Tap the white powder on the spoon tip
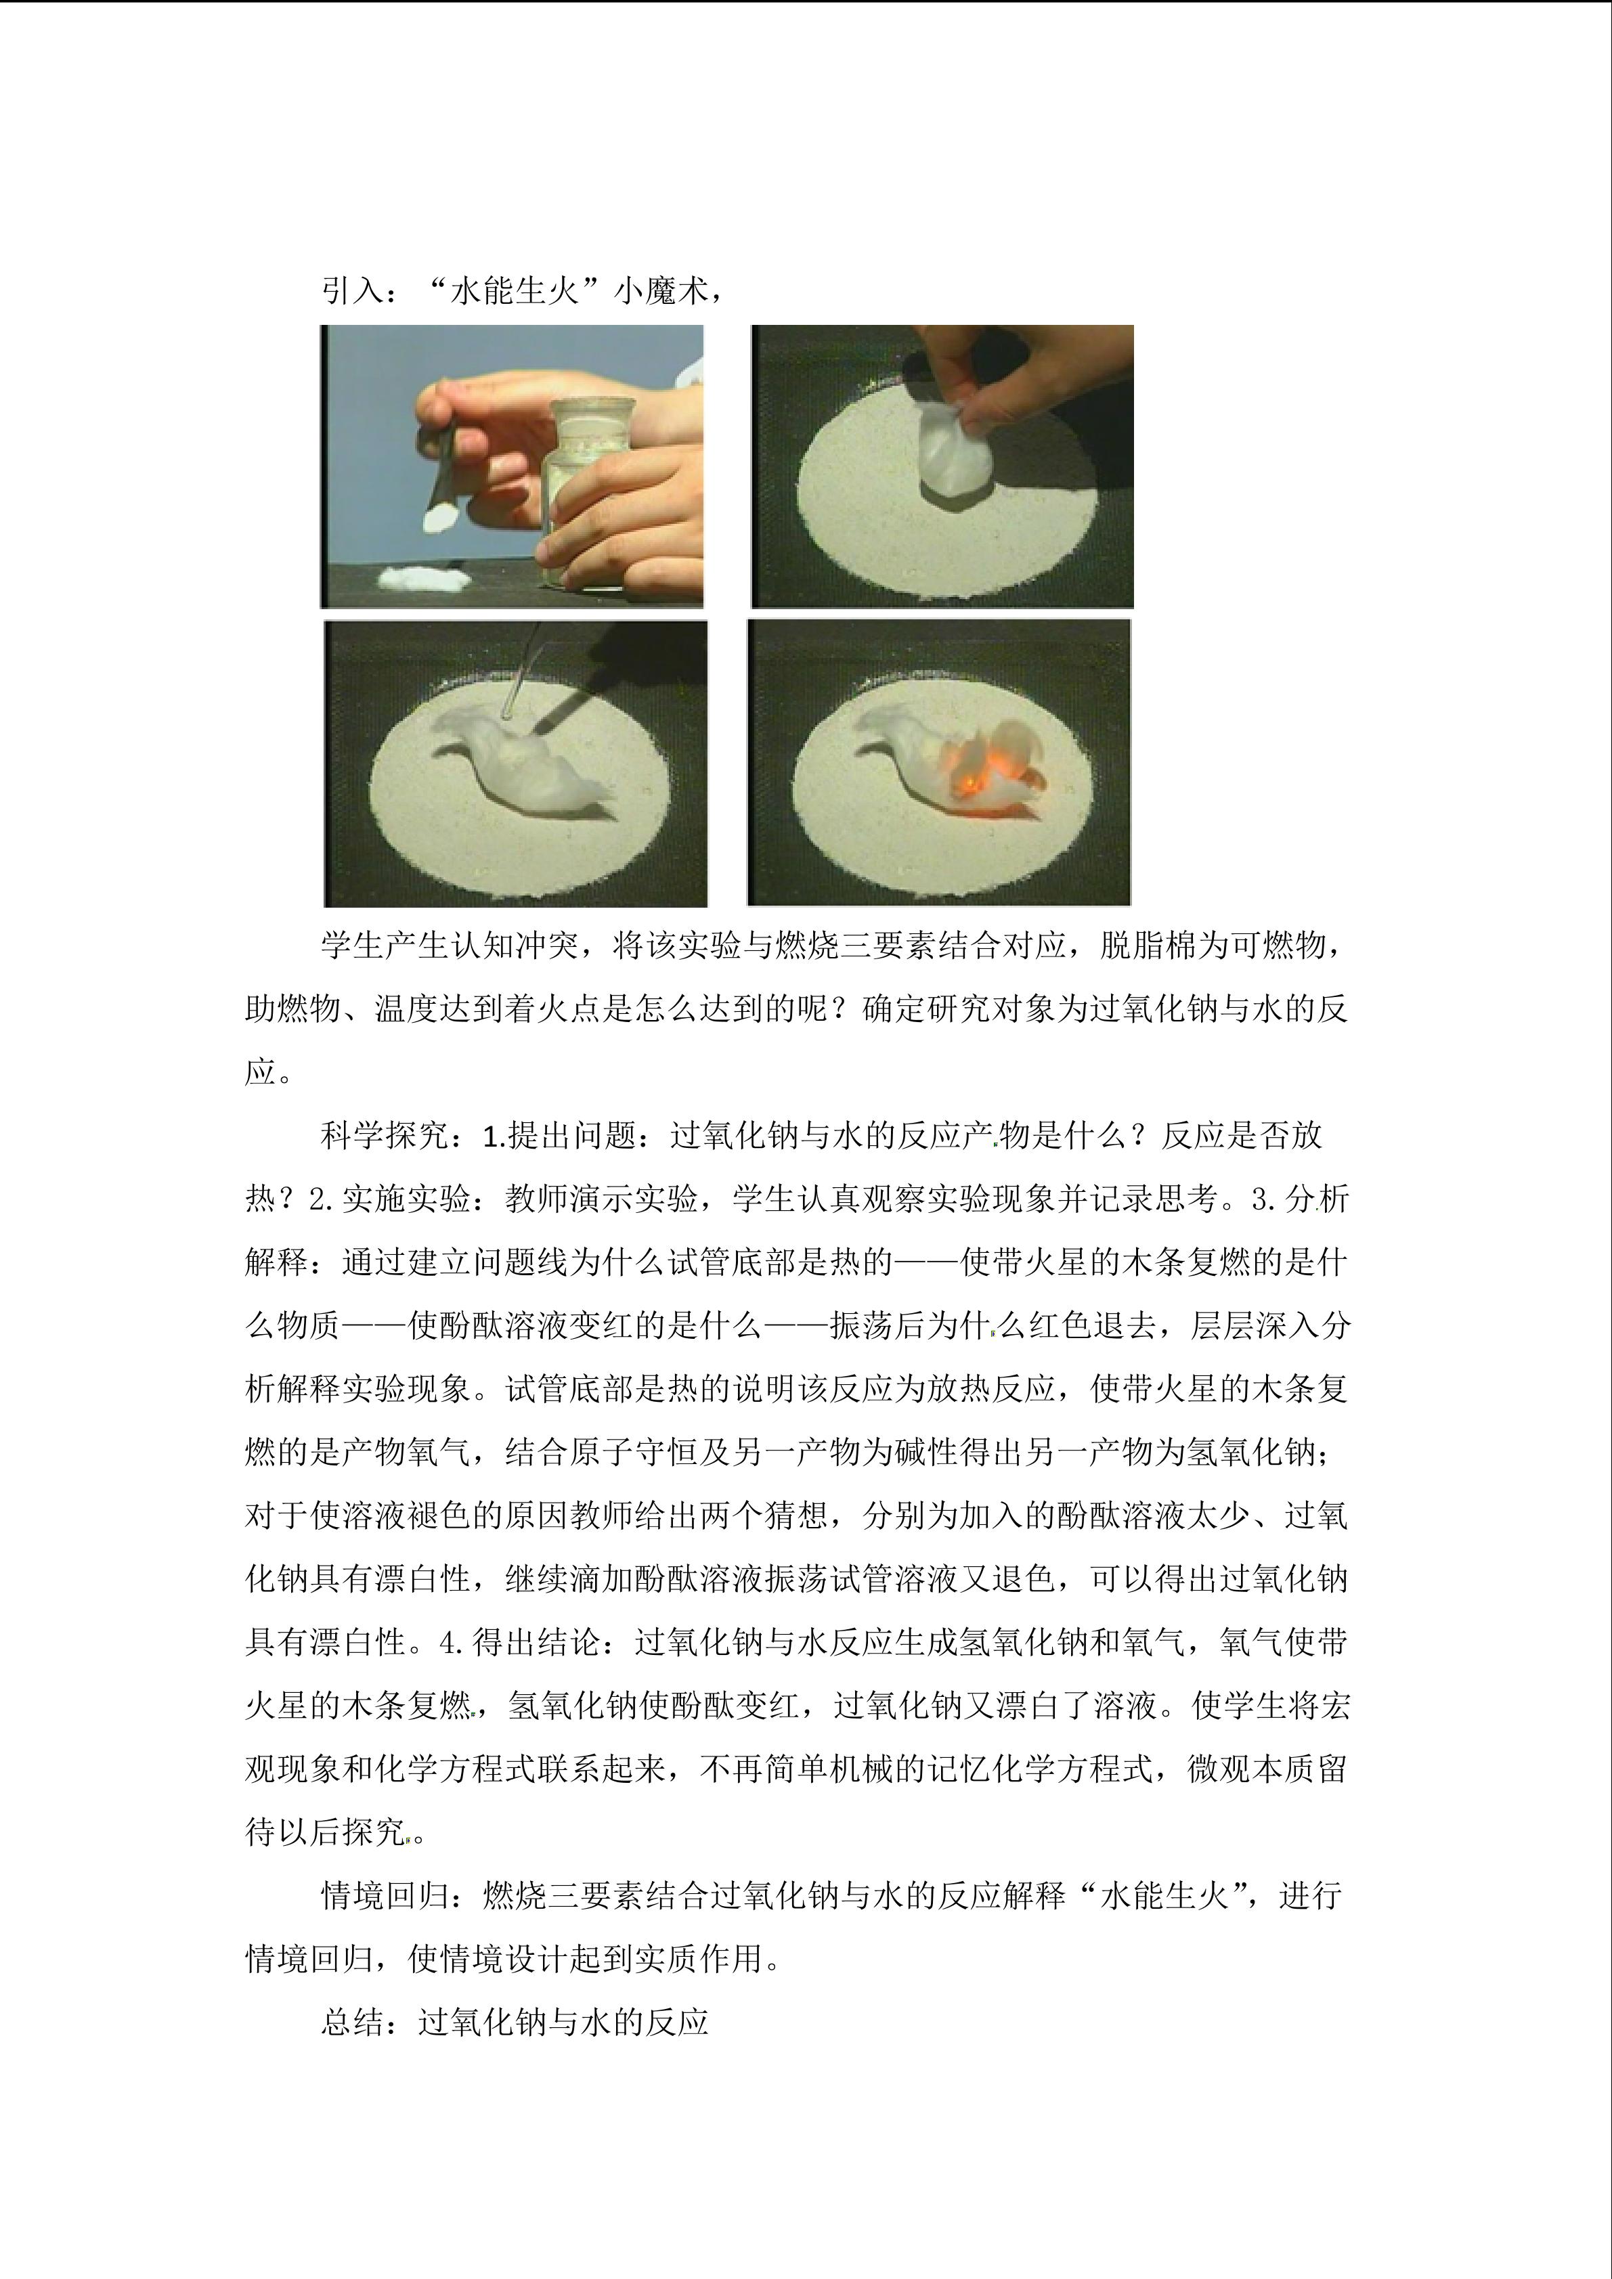click(438, 517)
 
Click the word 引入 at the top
click(351, 291)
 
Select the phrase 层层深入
click(1255, 1325)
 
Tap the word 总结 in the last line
click(352, 2022)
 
